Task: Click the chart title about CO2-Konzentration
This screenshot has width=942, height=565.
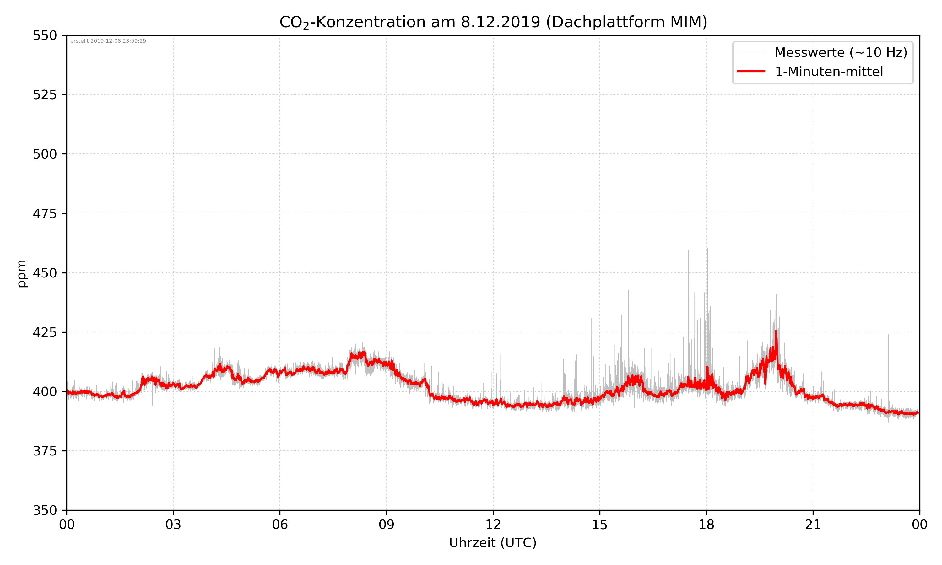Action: (x=493, y=22)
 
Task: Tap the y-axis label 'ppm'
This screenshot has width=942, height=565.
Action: (x=22, y=273)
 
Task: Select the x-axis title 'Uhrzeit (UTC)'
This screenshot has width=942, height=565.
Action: (x=493, y=542)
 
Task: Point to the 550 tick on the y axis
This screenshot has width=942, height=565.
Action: (x=45, y=35)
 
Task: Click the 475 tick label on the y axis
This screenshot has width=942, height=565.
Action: (x=45, y=213)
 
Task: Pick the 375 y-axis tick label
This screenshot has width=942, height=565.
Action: (x=45, y=451)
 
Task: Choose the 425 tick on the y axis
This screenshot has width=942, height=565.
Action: (x=45, y=332)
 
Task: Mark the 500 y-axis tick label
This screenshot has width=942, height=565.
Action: (x=45, y=154)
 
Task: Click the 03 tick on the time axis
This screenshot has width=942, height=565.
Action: (x=173, y=525)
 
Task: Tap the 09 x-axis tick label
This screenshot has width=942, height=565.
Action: (x=387, y=525)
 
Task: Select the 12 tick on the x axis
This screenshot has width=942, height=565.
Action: (x=493, y=525)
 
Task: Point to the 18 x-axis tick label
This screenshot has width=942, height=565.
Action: (x=706, y=525)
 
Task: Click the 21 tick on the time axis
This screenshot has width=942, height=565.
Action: (x=813, y=525)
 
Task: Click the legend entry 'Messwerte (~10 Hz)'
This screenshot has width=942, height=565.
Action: (x=841, y=52)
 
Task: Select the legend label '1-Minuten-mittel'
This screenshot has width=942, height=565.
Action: (x=829, y=72)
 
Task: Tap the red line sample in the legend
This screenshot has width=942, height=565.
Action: (x=751, y=71)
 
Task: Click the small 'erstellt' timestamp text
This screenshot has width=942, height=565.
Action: (x=108, y=41)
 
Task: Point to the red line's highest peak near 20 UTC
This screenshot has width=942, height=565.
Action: (x=776, y=331)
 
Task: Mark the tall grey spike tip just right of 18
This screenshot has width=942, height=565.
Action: (x=707, y=249)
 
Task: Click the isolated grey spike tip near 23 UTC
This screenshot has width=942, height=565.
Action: (x=889, y=335)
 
